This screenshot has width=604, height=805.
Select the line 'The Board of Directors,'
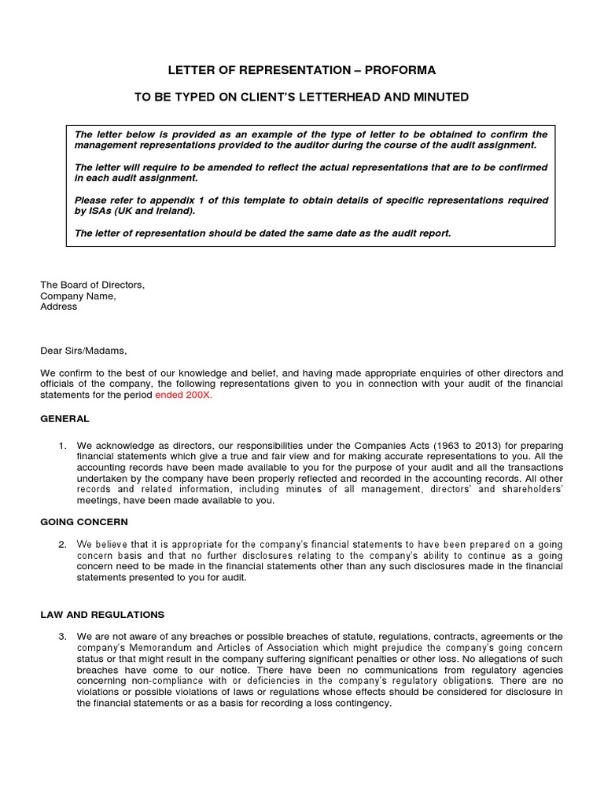click(93, 285)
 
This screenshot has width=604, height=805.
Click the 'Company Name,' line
click(78, 296)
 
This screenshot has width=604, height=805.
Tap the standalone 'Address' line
click(59, 307)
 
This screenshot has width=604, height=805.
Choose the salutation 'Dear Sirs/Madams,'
click(83, 351)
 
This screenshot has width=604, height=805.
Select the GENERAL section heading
click(64, 419)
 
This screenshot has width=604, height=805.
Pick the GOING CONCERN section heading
click(84, 521)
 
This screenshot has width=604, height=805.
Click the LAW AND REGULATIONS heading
click(102, 614)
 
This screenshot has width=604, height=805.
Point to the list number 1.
click(63, 446)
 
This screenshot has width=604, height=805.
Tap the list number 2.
click(63, 544)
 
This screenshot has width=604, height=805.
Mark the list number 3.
click(63, 636)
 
